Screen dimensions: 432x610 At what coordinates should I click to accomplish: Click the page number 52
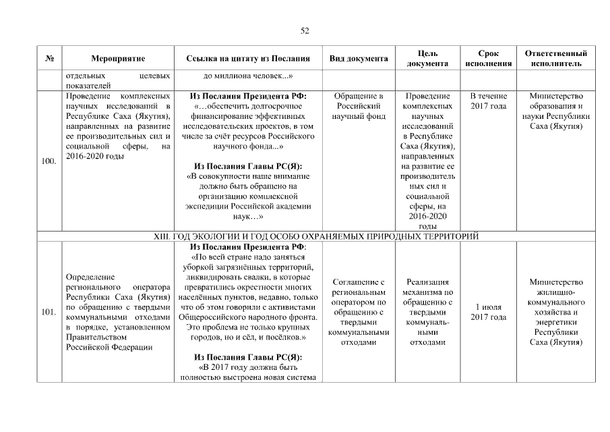[x=305, y=30]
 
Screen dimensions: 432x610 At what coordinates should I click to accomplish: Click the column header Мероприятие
[x=118, y=59]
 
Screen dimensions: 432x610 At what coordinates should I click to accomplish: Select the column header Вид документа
[x=358, y=59]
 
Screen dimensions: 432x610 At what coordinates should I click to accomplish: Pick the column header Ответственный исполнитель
[x=555, y=58]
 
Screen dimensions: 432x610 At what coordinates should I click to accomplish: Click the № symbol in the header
[x=49, y=59]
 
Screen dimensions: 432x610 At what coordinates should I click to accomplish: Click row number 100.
[x=49, y=161]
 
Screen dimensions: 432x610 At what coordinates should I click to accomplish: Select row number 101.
[x=49, y=313]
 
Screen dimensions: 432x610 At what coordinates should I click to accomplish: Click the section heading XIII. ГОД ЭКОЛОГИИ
[x=317, y=236]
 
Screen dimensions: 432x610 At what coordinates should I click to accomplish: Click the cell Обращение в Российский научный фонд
[x=358, y=106]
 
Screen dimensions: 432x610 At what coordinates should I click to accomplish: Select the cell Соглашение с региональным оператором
[x=358, y=312]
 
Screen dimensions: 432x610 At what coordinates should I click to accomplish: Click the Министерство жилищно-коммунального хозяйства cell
[x=555, y=312]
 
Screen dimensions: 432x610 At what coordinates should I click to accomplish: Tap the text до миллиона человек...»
[x=248, y=76]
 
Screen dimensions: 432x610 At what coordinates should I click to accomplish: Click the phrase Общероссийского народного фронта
[x=248, y=317]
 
